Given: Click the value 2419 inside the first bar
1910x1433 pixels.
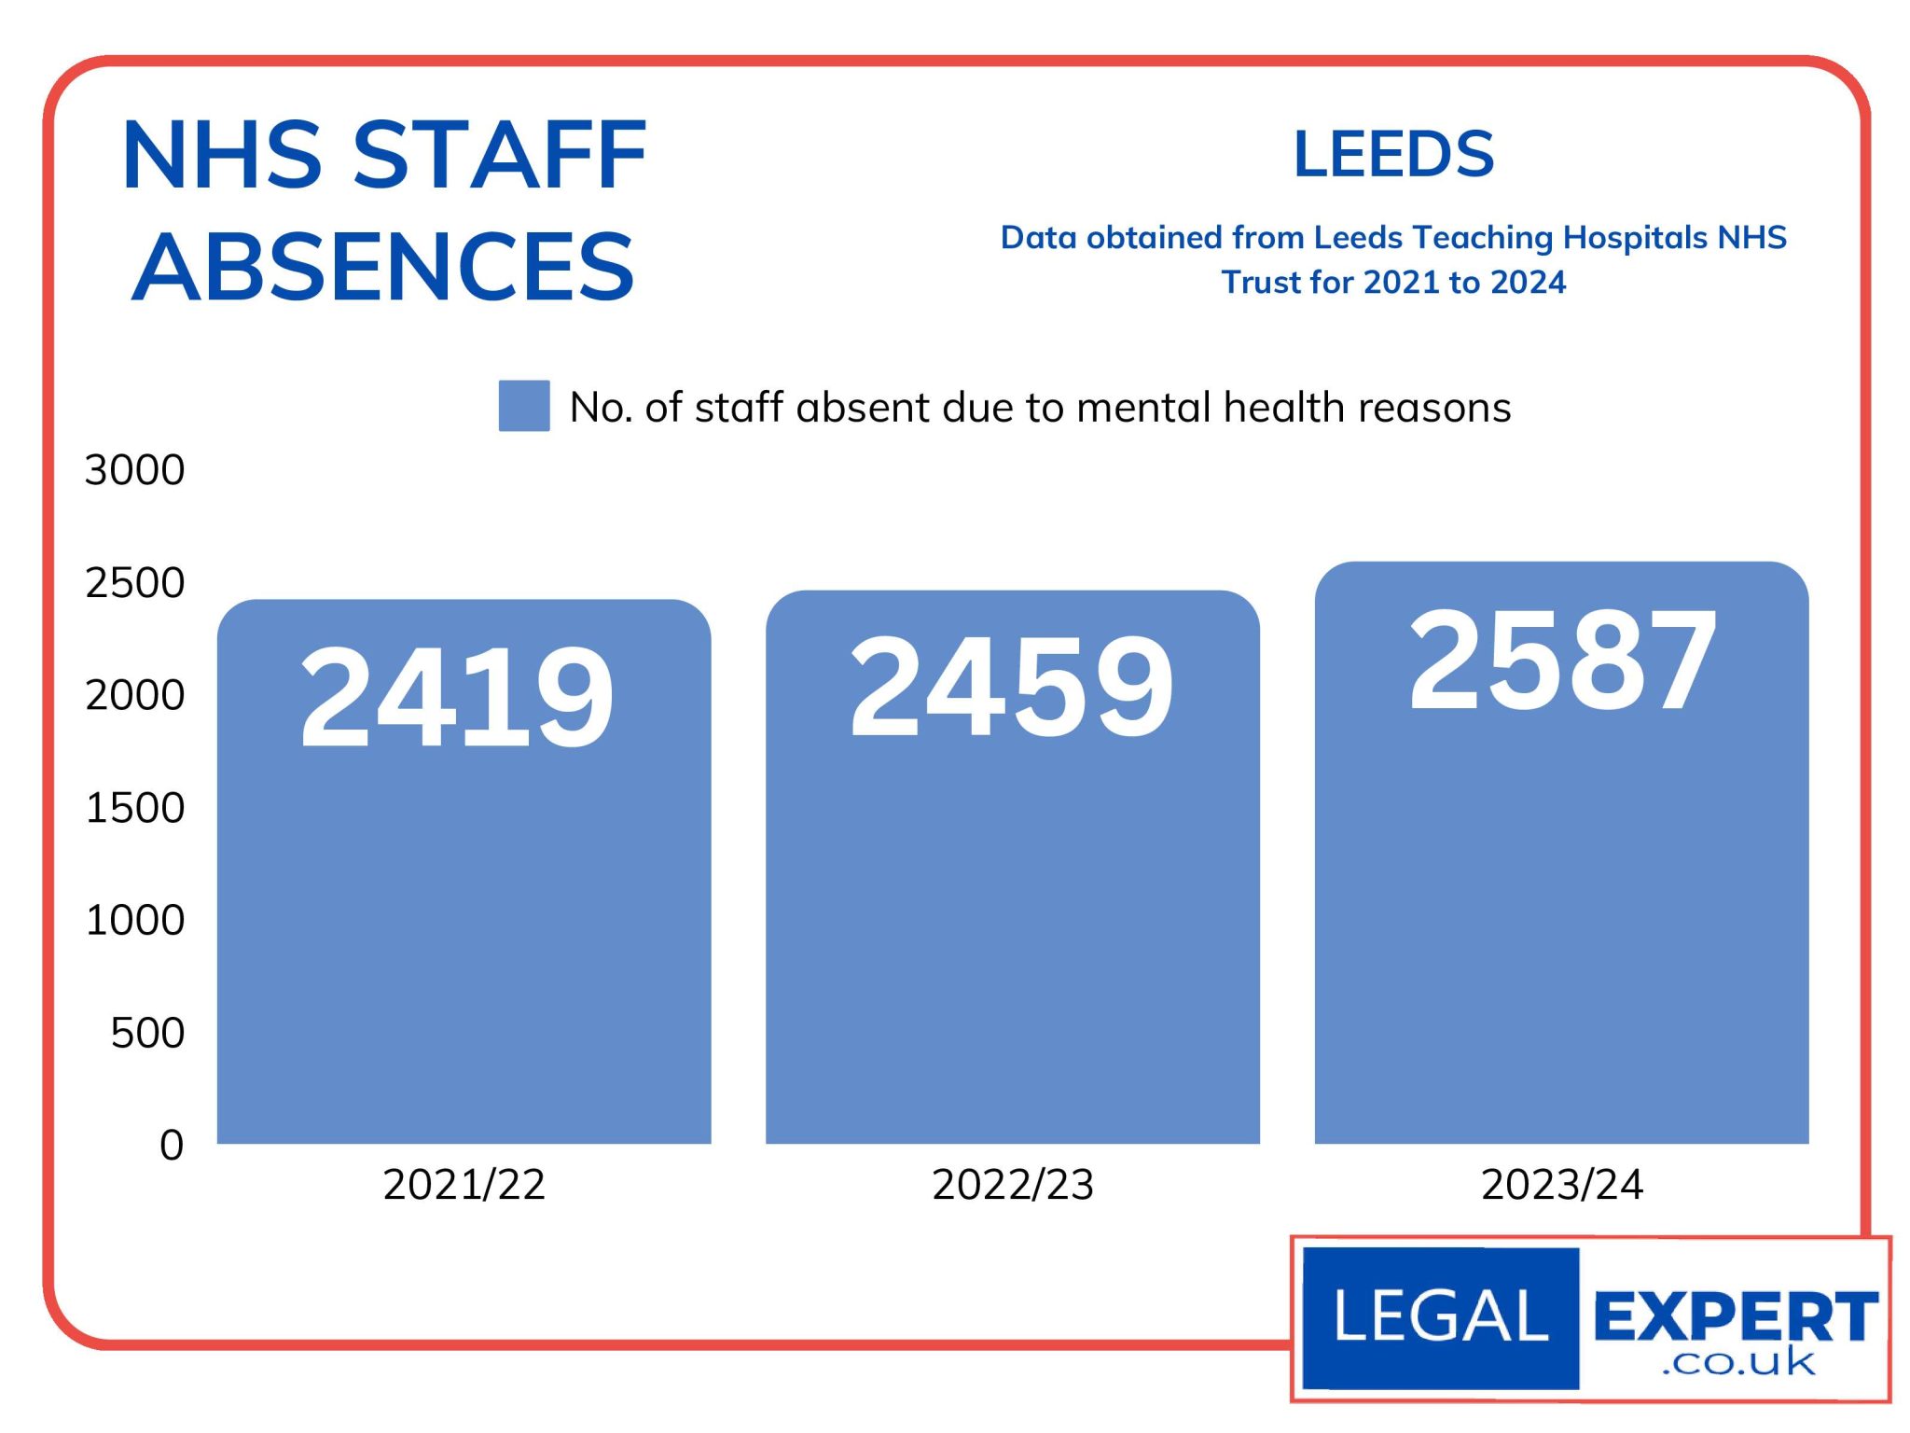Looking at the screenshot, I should (x=456, y=697).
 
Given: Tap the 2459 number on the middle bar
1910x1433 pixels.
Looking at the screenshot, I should (x=1011, y=686).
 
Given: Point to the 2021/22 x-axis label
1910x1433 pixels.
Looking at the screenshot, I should (x=464, y=1185).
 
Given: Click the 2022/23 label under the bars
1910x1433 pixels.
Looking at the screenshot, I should (x=1013, y=1185).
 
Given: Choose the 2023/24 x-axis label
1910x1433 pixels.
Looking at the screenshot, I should (x=1562, y=1185).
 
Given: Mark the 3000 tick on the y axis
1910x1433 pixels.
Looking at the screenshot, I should (x=135, y=470).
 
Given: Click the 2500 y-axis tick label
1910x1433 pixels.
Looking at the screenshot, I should (x=135, y=583).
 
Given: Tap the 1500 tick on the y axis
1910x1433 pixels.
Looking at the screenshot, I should (x=135, y=808).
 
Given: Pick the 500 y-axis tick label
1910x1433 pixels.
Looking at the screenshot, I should (x=147, y=1033).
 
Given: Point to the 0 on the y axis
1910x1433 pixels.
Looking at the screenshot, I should (x=172, y=1145).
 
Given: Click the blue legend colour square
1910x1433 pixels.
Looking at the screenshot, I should (x=524, y=406).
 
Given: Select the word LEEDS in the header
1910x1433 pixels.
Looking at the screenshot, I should (x=1393, y=154).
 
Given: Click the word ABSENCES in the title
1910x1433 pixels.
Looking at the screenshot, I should (x=383, y=268).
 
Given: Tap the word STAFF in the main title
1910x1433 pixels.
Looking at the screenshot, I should (x=500, y=155).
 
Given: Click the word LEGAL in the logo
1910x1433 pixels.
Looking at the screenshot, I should (x=1441, y=1316).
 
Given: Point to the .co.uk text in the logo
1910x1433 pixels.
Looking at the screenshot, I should (x=1738, y=1364).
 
